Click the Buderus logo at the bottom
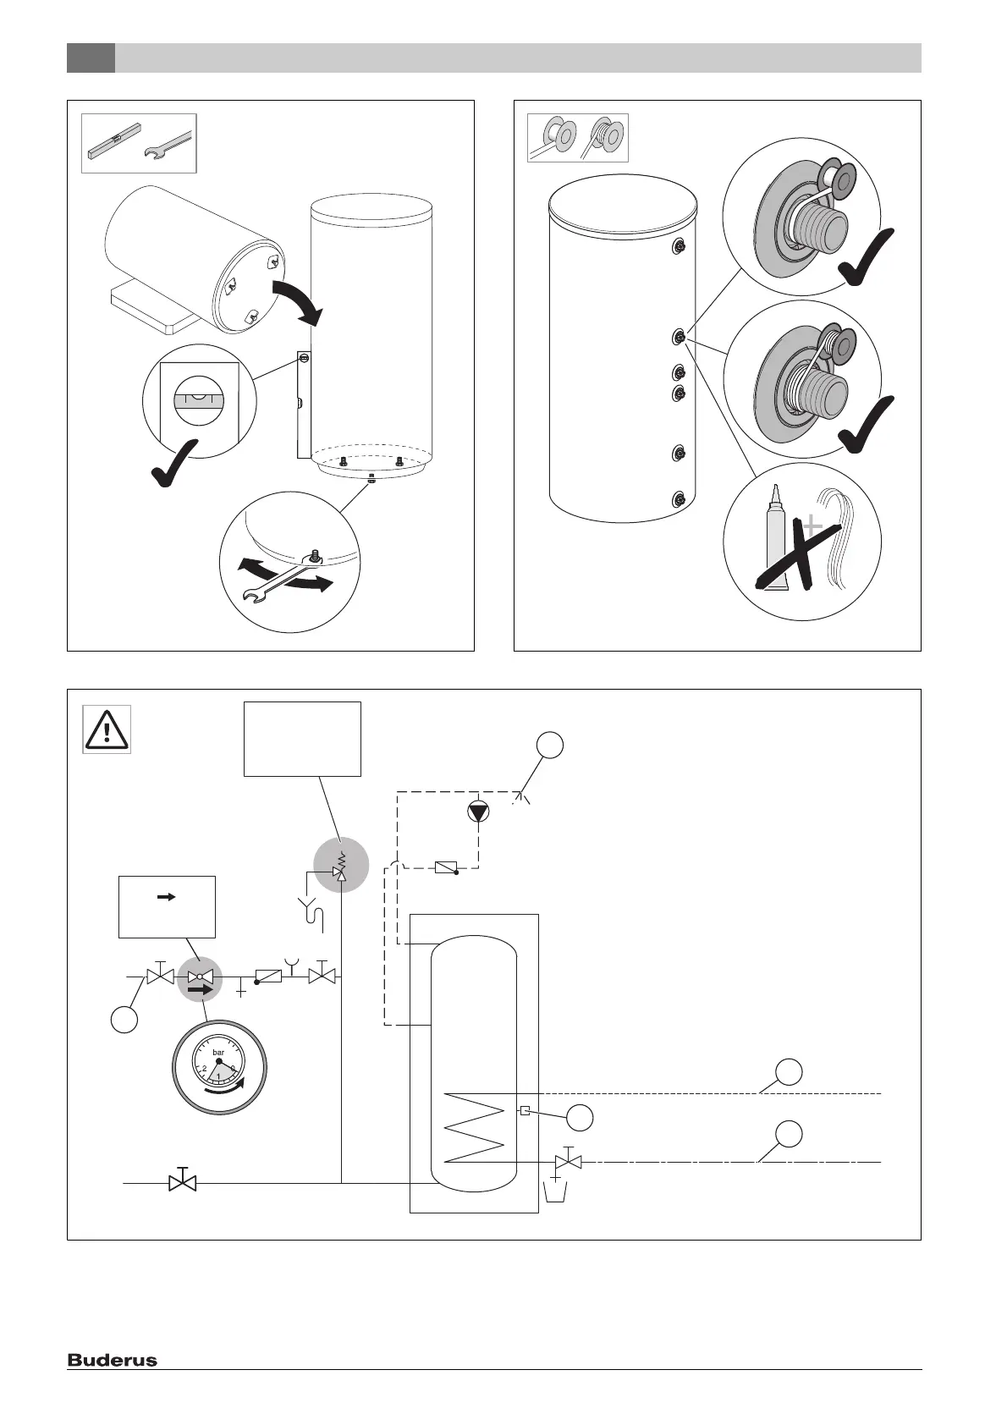coord(113,1361)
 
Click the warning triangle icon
coord(107,729)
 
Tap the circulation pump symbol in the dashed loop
coord(478,812)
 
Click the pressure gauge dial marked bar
coord(219,1064)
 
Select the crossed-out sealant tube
coord(777,556)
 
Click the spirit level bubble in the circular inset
coord(198,396)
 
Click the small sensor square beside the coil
coord(526,1111)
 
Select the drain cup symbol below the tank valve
coord(555,1191)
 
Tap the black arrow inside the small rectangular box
coord(167,897)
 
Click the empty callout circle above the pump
coord(550,746)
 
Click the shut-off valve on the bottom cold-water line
coord(182,1181)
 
